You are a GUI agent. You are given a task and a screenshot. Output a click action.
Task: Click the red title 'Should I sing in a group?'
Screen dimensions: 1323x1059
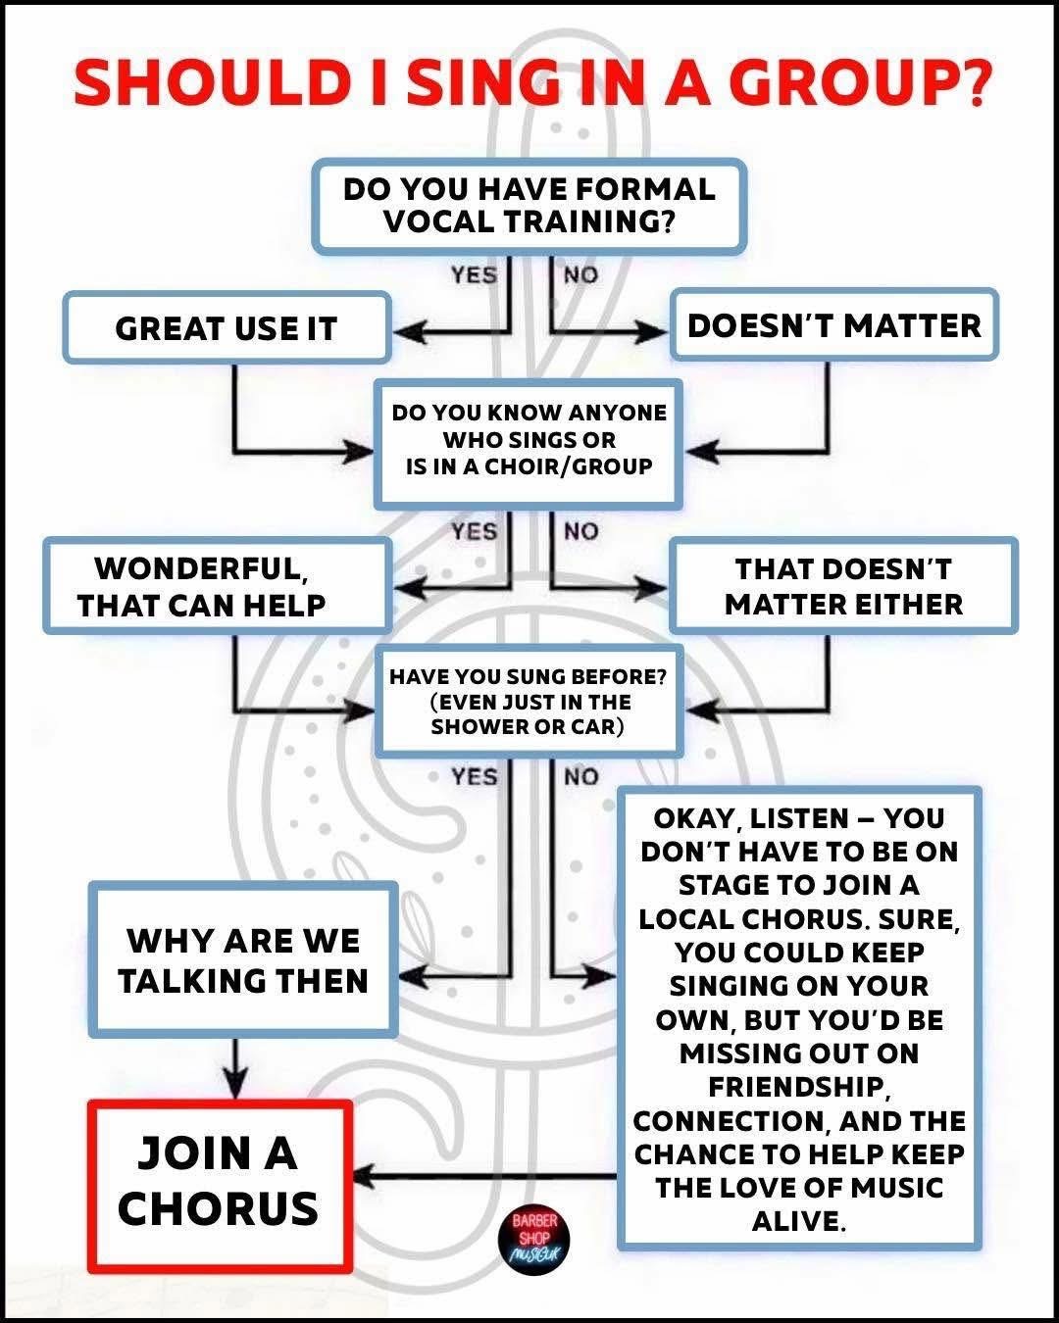point(529,82)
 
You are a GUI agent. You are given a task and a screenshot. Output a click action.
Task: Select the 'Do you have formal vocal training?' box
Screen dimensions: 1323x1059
point(529,206)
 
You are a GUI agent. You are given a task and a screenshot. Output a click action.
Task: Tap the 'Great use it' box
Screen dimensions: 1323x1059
point(227,328)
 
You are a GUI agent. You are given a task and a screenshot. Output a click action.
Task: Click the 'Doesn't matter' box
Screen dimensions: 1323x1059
point(833,325)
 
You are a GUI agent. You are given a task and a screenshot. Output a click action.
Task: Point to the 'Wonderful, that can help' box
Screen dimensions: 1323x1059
point(216,586)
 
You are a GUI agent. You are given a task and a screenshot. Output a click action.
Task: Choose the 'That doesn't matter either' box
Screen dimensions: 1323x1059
point(843,586)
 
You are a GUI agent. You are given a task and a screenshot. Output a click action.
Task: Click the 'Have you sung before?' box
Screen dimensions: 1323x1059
point(529,702)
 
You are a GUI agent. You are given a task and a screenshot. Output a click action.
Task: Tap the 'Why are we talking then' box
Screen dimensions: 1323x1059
point(243,960)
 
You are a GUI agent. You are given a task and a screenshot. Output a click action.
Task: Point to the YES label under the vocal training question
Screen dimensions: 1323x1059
point(474,274)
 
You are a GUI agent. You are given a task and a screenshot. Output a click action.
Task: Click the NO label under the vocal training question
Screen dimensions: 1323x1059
point(580,274)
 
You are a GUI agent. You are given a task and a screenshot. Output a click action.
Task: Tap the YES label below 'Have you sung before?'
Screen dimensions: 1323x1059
point(474,777)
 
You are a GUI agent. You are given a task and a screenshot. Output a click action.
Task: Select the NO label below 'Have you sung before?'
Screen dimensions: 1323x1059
point(580,777)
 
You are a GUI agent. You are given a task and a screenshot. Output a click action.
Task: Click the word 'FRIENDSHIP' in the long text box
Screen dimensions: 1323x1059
point(798,1087)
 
